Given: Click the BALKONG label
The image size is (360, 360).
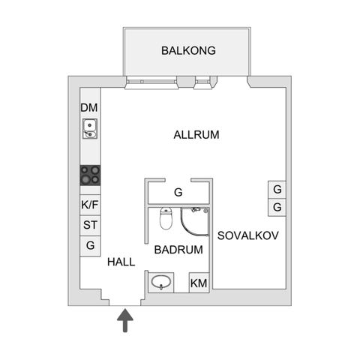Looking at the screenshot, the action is click(x=188, y=50).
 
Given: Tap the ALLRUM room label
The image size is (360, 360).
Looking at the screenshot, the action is click(x=196, y=135).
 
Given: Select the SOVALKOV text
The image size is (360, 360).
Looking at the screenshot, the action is click(x=248, y=235).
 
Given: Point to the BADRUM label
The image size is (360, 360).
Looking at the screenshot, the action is click(x=178, y=250).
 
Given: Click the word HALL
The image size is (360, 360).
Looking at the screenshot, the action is click(x=121, y=262).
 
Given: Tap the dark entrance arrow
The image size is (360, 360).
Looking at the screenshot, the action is click(x=125, y=320).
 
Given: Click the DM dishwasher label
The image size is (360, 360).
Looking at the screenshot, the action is click(x=89, y=108).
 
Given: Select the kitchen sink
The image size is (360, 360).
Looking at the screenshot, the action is click(x=90, y=128).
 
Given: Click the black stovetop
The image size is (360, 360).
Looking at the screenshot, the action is click(x=90, y=175).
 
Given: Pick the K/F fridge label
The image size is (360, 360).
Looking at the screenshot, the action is click(x=90, y=205).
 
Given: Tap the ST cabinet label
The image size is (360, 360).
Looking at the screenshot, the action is click(x=90, y=225).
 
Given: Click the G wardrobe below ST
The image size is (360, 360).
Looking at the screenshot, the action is click(x=90, y=246).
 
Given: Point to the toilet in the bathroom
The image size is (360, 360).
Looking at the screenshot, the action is click(x=166, y=218).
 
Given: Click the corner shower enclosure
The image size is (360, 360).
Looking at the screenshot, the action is click(x=195, y=221).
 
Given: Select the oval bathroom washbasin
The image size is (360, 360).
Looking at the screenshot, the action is click(x=161, y=282).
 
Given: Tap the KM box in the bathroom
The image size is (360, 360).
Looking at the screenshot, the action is click(x=199, y=283).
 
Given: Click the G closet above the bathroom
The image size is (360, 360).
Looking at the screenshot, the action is click(x=178, y=193).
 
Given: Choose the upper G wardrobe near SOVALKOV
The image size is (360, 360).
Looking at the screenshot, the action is click(x=277, y=190).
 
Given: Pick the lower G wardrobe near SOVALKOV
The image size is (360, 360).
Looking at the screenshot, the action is click(x=277, y=207).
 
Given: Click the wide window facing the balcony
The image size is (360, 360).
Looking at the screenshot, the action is click(x=151, y=82).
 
